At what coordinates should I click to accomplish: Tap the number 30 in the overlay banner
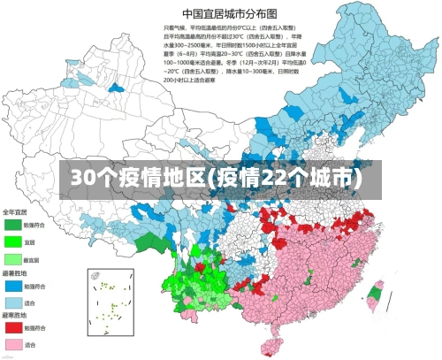[83, 177]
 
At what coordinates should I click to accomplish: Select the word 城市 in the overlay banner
[335, 177]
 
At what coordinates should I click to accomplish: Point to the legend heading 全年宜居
[15, 212]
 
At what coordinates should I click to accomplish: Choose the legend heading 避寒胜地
[15, 313]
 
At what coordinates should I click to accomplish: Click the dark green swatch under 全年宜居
[12, 226]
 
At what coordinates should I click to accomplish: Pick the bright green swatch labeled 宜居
[12, 241]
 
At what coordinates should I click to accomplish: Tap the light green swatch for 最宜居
[12, 258]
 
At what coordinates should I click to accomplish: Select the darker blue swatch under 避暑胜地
[12, 286]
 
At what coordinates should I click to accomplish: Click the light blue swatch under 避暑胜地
[12, 302]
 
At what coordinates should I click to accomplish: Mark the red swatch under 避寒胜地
[12, 326]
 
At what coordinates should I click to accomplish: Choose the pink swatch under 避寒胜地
[12, 343]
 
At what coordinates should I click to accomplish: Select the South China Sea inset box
[110, 300]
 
